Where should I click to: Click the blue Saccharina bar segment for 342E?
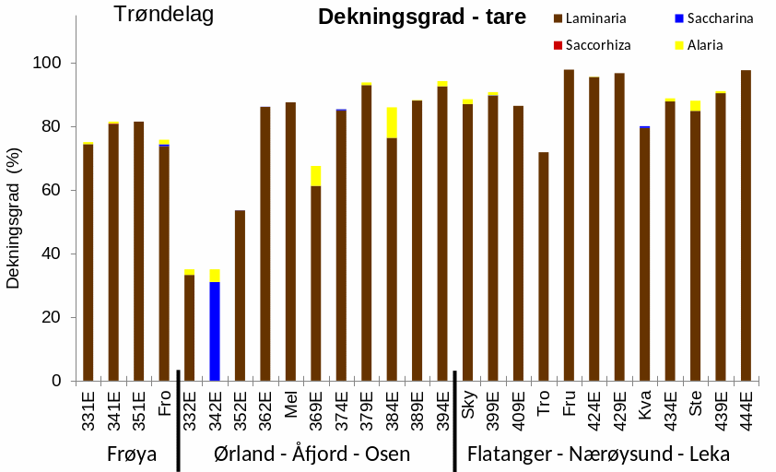point(215,331)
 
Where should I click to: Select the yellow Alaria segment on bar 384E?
point(392,123)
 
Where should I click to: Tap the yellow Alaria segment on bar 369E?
point(316,176)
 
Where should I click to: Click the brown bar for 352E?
point(240,295)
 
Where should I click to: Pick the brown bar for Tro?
point(544,266)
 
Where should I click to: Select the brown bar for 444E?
point(746,225)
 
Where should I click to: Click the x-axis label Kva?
point(644,405)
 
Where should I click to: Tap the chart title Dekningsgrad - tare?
point(421,17)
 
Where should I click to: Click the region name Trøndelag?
point(163,15)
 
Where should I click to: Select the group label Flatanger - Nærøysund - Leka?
point(598,454)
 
